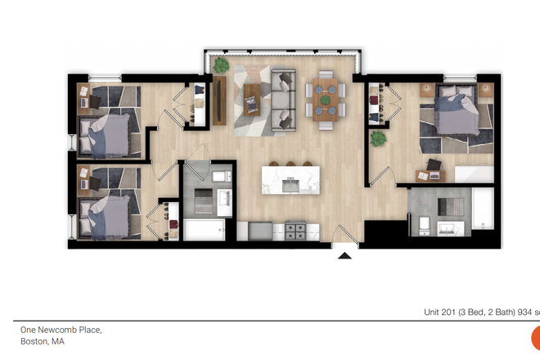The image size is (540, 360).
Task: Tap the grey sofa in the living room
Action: [x=282, y=98]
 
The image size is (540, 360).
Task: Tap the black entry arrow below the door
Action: [x=345, y=255]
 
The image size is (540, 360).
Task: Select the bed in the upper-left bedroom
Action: [x=105, y=131]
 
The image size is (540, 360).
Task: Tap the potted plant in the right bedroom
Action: [x=378, y=139]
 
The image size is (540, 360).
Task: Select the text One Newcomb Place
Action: [x=61, y=330]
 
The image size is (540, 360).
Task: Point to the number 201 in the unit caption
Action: [x=452, y=312]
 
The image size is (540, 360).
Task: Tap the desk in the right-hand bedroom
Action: [x=430, y=173]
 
